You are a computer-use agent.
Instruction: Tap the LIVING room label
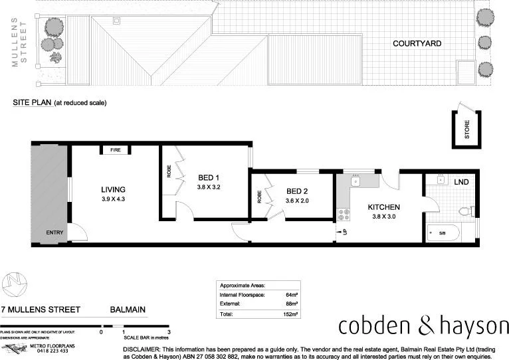pos(114,189)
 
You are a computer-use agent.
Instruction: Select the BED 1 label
pos(209,177)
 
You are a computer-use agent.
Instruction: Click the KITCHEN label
pos(383,207)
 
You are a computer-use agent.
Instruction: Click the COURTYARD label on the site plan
pos(417,44)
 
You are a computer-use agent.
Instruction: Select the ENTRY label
pos(55,232)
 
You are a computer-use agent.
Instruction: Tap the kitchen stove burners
pos(344,214)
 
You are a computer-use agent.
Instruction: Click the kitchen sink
pos(356,180)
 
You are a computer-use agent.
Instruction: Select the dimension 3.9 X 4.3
pos(114,199)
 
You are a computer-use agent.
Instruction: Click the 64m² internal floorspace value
pos(291,293)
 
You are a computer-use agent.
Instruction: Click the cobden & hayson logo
pos(423,326)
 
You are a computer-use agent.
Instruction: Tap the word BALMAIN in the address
pos(128,310)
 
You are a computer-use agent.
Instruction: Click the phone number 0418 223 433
pos(56,351)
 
